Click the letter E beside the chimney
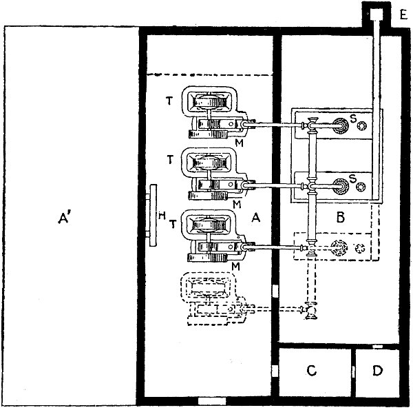pos(403,14)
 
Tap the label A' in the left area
pos(65,218)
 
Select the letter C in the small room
pos(312,371)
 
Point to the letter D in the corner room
pos(377,371)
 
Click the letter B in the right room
pos(341,218)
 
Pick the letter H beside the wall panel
pos(162,216)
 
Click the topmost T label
pos(169,101)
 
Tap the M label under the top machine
pos(239,143)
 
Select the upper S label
pos(353,119)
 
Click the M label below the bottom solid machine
pos(235,267)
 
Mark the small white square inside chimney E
pos(376,14)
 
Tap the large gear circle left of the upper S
pos(341,126)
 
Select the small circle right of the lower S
pos(360,187)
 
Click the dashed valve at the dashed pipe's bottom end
pos(310,311)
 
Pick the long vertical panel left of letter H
pos(153,216)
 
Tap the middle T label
pos(171,159)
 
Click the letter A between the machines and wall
pos(256,218)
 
